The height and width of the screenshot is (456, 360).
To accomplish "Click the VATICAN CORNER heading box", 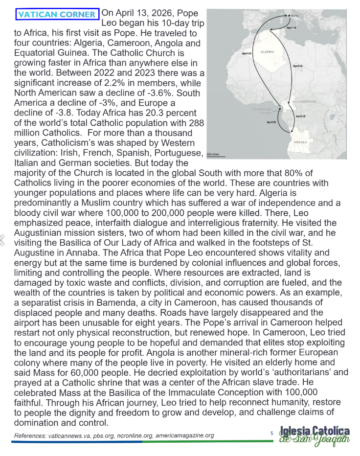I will point(57,14).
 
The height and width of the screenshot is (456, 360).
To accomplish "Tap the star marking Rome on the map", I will point(289,16).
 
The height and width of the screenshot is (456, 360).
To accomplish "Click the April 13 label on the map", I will point(292,28).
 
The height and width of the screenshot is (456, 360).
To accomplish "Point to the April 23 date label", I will point(247,53).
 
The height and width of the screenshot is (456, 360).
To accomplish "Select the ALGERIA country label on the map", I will point(267,51).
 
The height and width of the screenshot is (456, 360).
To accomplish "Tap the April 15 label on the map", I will point(297,66).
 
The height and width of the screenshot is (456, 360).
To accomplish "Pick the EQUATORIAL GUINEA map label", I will point(262,111).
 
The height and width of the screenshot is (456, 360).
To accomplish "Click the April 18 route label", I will point(300,116).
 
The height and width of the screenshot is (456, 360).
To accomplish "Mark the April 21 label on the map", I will point(271,122).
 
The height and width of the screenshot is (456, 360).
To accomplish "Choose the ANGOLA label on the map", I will point(300,142).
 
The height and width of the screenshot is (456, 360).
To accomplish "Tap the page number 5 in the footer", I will point(272,433).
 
